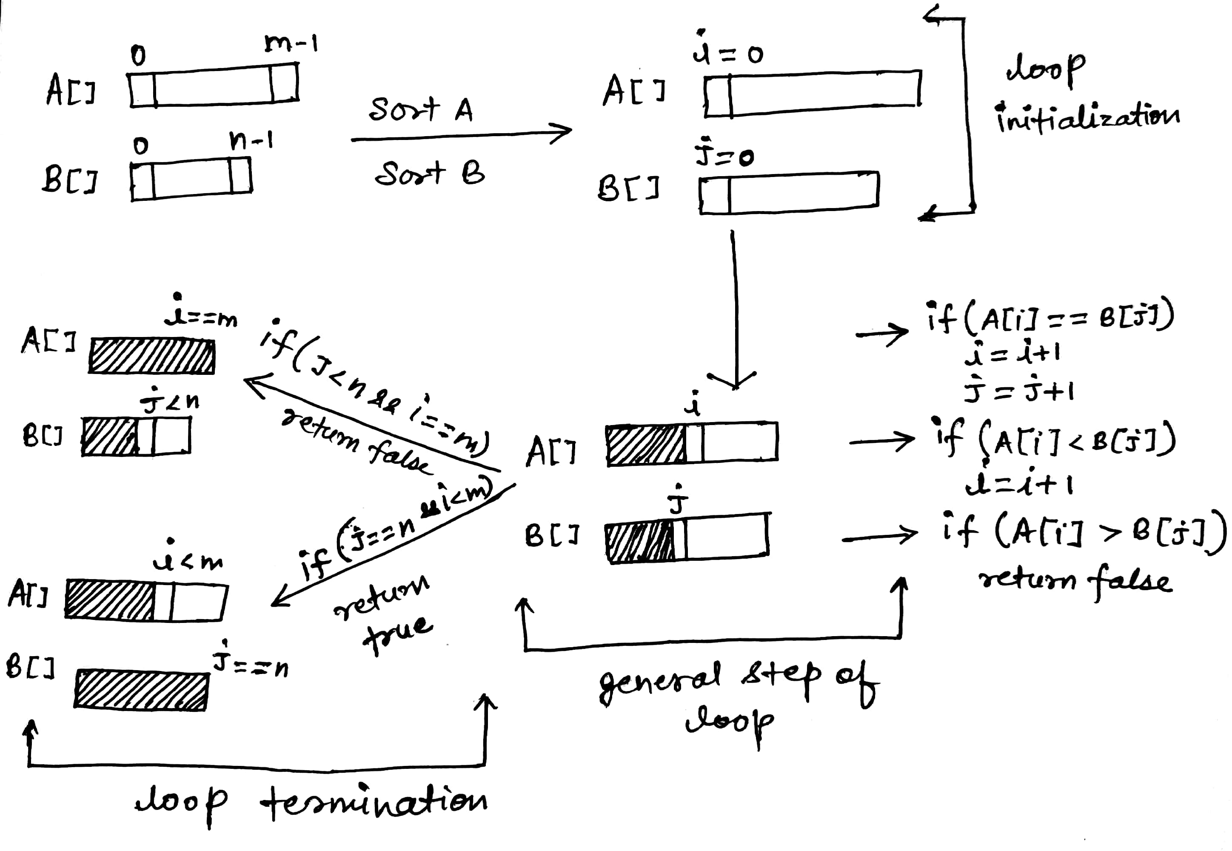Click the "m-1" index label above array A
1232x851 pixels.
tap(291, 44)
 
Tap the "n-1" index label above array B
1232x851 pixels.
tap(251, 141)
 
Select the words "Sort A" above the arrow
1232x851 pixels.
tap(421, 109)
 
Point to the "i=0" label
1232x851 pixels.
tap(728, 52)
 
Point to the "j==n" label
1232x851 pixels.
tap(251, 664)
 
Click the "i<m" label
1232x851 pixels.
tap(188, 560)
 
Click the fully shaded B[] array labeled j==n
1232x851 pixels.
tap(141, 691)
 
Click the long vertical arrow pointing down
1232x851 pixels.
tap(735, 309)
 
